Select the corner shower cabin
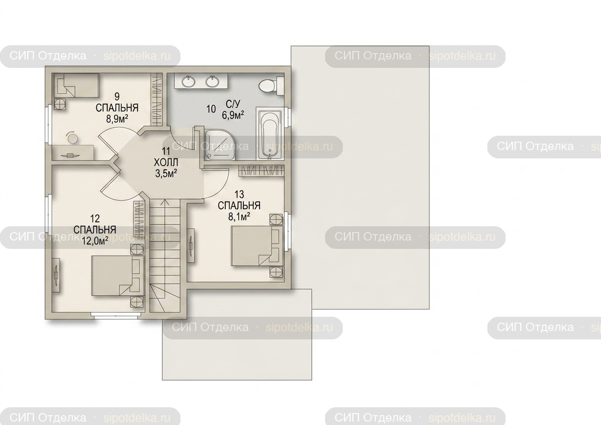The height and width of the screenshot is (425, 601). [x=219, y=146]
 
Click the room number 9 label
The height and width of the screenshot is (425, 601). [x=117, y=96]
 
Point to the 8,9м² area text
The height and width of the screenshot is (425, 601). [x=117, y=119]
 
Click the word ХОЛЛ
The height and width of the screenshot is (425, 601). [x=166, y=162]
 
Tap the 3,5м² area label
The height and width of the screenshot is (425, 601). [x=166, y=174]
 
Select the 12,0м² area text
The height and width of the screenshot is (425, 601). [x=95, y=241]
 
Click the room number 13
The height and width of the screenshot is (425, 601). [x=239, y=194]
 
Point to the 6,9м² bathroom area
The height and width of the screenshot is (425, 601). [x=233, y=115]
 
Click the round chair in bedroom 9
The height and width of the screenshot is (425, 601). [x=72, y=138]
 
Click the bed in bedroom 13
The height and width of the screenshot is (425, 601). [x=257, y=246]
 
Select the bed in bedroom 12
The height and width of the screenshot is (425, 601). [x=118, y=275]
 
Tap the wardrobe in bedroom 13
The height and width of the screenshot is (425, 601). [x=261, y=171]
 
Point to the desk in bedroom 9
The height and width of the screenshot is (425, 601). [x=73, y=152]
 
